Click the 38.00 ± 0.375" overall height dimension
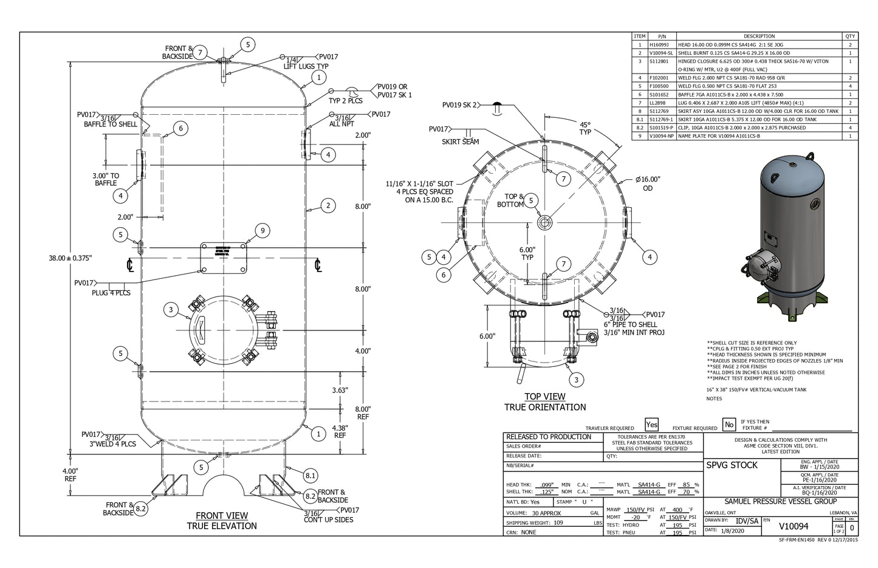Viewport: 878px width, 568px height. pos(70,258)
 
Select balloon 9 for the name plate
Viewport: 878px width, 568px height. pos(262,230)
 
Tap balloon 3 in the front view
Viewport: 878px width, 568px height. pos(171,310)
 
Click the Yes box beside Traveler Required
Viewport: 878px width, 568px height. pos(651,425)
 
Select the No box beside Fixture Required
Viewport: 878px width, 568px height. pos(728,425)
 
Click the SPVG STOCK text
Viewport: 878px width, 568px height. pos(732,465)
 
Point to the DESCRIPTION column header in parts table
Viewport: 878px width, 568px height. pos(759,36)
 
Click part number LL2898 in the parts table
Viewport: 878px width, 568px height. pos(659,103)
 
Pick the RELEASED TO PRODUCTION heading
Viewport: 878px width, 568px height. pos(549,437)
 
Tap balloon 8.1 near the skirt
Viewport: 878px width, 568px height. pos(310,475)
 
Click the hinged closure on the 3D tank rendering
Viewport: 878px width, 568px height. pos(760,267)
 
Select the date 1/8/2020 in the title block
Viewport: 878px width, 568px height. pos(732,530)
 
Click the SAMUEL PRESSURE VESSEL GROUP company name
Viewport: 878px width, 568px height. pos(780,501)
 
